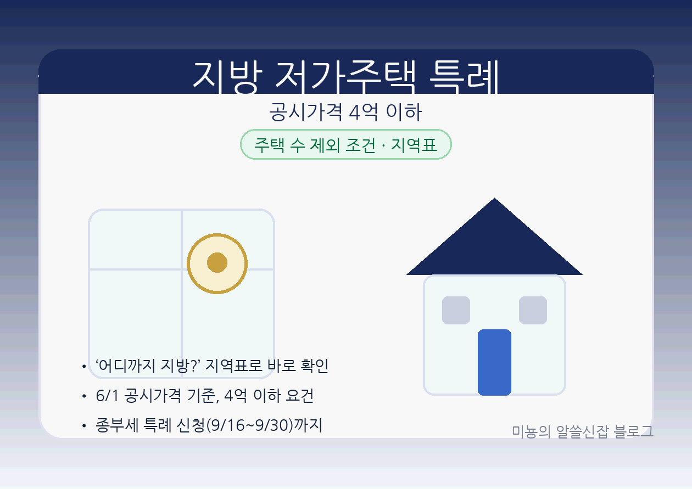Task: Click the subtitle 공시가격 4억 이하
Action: pos(345,113)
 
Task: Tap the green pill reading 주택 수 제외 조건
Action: pos(313,145)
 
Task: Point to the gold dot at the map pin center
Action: pos(217,262)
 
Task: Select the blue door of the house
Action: pos(494,362)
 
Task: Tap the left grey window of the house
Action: pos(456,310)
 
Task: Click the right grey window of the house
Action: pos(533,310)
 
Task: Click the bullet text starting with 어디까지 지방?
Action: pos(211,366)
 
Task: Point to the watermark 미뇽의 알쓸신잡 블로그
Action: pos(582,431)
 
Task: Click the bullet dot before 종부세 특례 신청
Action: pos(83,426)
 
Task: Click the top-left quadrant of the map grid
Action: pos(135,240)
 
